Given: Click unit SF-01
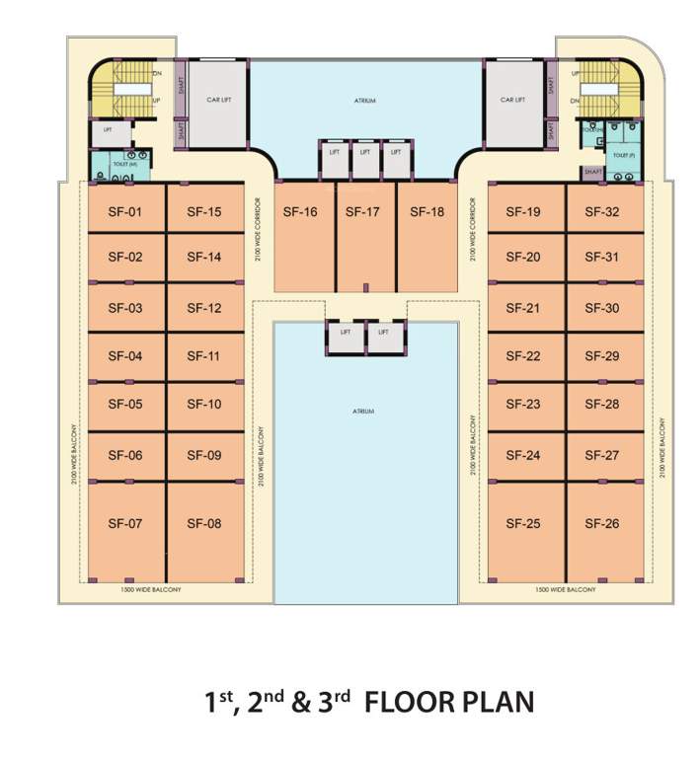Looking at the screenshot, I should click(125, 212).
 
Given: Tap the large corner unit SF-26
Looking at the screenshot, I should click(601, 523).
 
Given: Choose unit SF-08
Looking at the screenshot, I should click(204, 523).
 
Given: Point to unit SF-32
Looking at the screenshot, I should click(601, 212).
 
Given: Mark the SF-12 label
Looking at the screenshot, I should click(204, 308).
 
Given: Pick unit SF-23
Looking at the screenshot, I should click(523, 405).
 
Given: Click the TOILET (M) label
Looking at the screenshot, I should click(122, 164).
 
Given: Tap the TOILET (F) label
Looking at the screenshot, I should click(622, 155).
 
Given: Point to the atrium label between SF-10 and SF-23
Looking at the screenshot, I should click(365, 411).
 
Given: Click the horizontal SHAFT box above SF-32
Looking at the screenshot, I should click(592, 172).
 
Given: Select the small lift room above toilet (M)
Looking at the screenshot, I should click(108, 129).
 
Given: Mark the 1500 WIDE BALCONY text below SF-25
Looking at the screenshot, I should click(566, 589).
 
